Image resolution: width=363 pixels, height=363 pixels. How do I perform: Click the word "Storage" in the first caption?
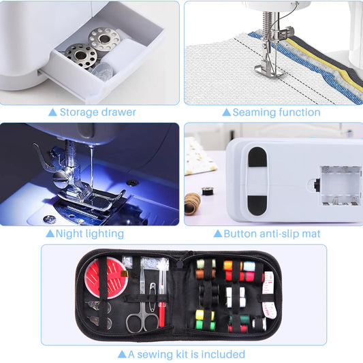[x=80, y=112]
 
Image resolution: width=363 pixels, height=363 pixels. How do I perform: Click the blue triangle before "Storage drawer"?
[x=52, y=112]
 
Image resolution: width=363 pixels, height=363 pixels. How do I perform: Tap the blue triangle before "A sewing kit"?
[x=122, y=354]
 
